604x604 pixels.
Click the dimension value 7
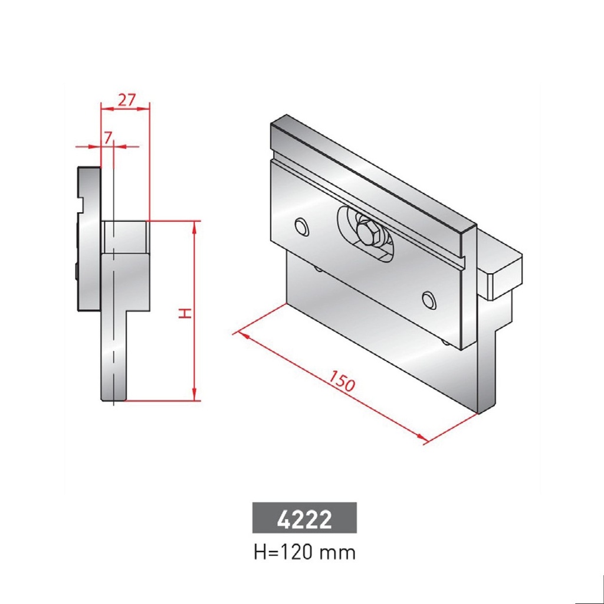click(107, 137)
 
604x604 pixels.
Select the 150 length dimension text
click(342, 382)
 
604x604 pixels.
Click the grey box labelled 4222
click(304, 518)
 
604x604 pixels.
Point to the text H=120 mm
click(304, 553)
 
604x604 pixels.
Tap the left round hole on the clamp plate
click(302, 227)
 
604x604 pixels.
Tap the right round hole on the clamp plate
click(429, 300)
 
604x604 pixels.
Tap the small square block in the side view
click(124, 237)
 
